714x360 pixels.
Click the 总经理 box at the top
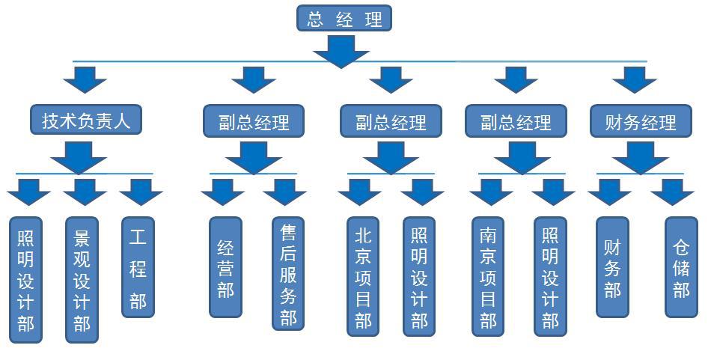(x=344, y=19)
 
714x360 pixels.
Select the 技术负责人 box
(x=86, y=120)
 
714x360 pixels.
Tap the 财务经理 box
(x=641, y=121)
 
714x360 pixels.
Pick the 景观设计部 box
(x=82, y=280)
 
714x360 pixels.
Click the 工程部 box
(x=138, y=267)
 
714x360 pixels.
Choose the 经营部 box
(x=225, y=266)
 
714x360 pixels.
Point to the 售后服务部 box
(x=288, y=274)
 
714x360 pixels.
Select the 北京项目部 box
(x=363, y=277)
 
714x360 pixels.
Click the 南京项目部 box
(x=488, y=277)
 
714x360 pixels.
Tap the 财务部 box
(x=612, y=267)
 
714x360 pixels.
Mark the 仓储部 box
(x=681, y=267)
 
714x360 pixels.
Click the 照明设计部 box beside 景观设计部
(x=25, y=280)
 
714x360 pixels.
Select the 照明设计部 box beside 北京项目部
(x=419, y=277)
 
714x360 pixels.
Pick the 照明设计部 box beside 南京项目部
(x=550, y=277)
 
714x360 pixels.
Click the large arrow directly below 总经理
(x=341, y=49)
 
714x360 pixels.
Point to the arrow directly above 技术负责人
(x=85, y=79)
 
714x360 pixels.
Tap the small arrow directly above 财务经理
(x=634, y=79)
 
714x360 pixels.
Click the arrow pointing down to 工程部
(x=141, y=192)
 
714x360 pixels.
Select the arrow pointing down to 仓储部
(x=672, y=192)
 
